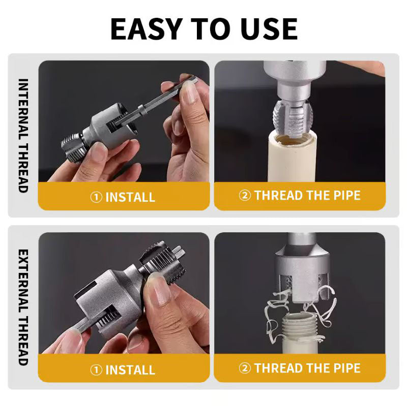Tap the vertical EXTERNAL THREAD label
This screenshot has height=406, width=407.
tap(23, 307)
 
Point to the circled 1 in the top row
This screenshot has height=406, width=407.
tap(96, 197)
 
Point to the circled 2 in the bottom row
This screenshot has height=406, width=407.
tap(245, 368)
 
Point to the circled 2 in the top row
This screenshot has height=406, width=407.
tap(245, 196)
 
